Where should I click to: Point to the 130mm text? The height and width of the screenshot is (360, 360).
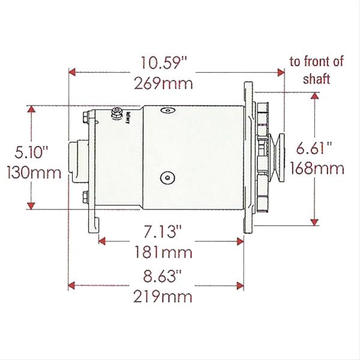pyautogui.click(x=34, y=172)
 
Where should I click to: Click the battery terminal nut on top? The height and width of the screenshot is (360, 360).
pyautogui.click(x=117, y=112)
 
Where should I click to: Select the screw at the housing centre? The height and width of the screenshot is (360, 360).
pyautogui.click(x=167, y=177)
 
